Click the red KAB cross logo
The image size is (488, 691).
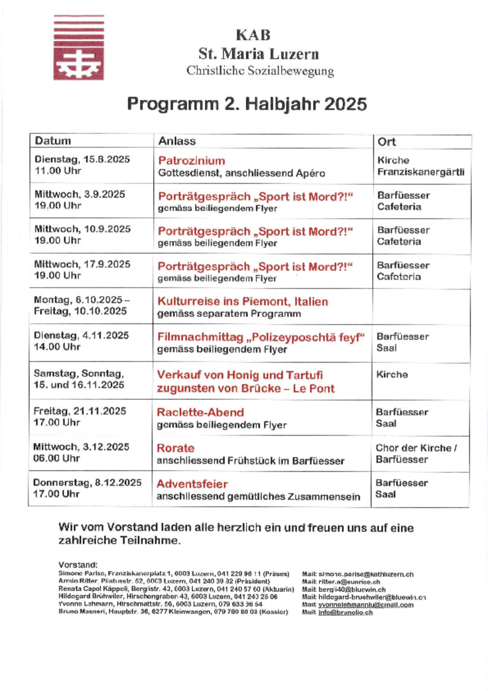pos(78,48)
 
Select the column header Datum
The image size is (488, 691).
pos(53,141)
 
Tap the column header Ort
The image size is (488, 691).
pos(386,142)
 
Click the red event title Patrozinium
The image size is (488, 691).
pos(192,161)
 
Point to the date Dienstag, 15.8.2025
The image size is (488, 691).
pos(82,159)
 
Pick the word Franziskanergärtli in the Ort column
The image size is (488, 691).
pos(420,172)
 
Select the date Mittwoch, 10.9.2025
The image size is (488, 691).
pos(83,229)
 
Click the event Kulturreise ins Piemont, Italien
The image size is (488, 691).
pos(243,301)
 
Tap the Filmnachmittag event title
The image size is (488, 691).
pos(261,337)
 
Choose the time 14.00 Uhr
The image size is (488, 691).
pos(57,347)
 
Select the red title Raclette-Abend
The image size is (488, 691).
pos(200,412)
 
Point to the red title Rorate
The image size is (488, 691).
pos(176,448)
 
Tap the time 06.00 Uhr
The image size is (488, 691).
pos(57,458)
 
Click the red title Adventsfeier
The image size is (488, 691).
pos(192,484)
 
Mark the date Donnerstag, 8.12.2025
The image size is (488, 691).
pos(87,483)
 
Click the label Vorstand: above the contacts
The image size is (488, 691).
pos(78,565)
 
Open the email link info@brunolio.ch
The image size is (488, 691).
pos(345,613)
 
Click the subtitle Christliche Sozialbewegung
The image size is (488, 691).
pos(260,71)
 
